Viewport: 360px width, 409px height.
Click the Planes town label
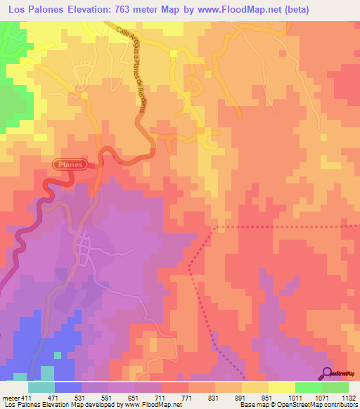click(x=70, y=164)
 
